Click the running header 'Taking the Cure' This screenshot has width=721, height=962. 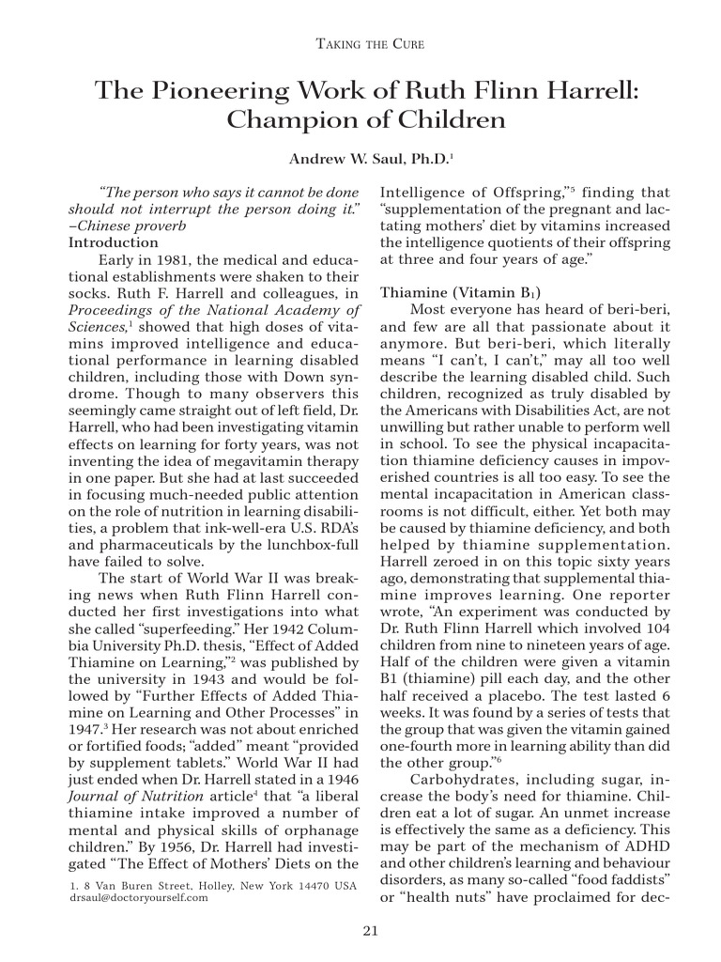click(x=360, y=45)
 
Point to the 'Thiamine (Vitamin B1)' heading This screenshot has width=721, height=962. click(x=460, y=293)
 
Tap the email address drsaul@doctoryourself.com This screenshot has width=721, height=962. click(x=140, y=898)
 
